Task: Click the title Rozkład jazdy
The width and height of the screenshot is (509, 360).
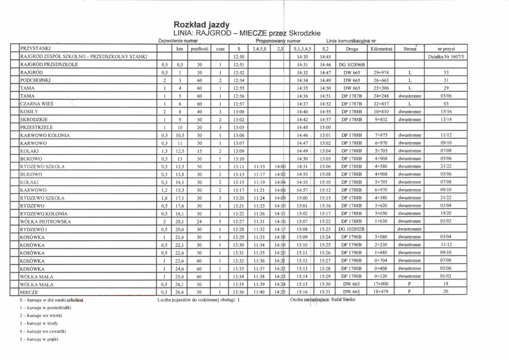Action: (201, 24)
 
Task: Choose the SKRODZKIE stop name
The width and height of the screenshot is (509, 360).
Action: (34, 119)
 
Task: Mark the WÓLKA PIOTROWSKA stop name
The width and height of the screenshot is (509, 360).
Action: (45, 221)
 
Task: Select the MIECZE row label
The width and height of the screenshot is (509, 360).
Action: (29, 292)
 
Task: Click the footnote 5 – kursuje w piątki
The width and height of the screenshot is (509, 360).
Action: (38, 341)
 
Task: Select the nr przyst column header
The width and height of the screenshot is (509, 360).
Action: (446, 49)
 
